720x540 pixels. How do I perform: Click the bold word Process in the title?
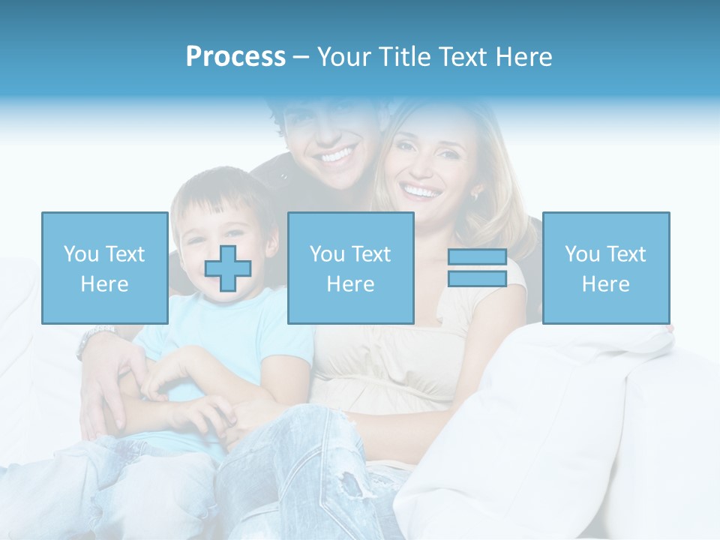(235, 57)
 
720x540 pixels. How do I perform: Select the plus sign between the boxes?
(228, 268)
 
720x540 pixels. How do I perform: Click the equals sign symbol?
(477, 268)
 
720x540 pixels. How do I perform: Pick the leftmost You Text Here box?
(104, 268)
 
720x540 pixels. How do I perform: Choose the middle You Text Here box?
(350, 268)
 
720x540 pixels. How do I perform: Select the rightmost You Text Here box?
(605, 268)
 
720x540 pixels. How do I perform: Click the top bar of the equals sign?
(477, 256)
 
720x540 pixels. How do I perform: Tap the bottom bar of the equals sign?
(477, 279)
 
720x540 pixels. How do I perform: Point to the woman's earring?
(475, 195)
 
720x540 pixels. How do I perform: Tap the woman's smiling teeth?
(422, 193)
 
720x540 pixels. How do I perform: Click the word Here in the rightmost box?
(605, 283)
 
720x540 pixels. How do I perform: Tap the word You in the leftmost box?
(80, 253)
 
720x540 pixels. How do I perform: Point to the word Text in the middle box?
(371, 253)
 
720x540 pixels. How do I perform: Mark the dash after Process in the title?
(301, 58)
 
